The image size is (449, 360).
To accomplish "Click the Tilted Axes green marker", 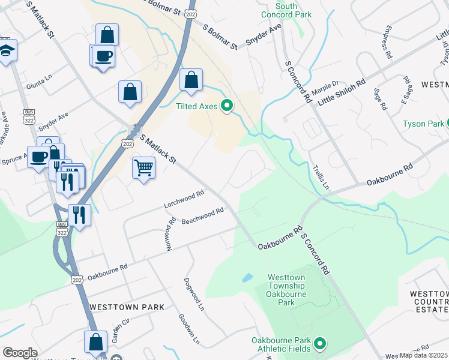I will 227,106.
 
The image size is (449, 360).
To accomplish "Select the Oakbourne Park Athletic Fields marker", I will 320,344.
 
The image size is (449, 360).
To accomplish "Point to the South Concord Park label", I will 278,10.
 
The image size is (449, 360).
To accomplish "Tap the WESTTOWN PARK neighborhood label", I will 127,307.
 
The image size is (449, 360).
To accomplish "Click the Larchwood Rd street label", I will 184,200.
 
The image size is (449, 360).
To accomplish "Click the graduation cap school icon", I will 7,52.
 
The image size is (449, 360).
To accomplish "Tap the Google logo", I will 20,353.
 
